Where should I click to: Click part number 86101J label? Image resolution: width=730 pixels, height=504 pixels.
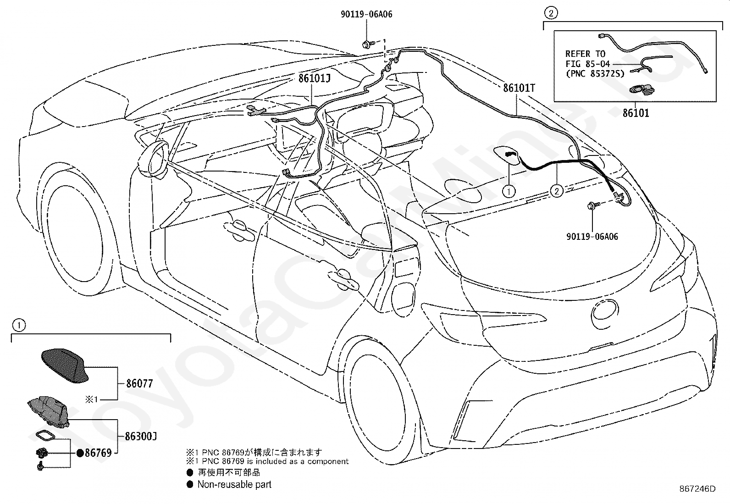315,78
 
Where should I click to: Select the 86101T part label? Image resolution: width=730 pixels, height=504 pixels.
519,88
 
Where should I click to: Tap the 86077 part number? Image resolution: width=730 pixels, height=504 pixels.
139,383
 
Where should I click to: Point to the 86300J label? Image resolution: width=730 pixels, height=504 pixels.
141,436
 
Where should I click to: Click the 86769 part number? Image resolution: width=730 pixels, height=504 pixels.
98,453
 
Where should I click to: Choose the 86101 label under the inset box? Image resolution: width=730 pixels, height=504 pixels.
636,113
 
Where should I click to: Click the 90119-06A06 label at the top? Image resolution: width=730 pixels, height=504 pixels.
367,14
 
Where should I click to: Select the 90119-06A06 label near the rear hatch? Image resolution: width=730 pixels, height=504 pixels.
592,237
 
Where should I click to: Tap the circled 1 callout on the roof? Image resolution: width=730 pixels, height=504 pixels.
509,191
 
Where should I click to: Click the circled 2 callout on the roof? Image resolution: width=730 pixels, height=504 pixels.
557,191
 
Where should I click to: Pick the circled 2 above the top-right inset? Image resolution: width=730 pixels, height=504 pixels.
551,13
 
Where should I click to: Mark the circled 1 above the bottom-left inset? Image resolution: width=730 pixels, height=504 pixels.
19,325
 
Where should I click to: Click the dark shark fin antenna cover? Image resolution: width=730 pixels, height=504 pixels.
65,366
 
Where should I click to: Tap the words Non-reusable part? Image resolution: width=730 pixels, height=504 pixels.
234,484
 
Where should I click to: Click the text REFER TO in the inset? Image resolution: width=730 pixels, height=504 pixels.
585,54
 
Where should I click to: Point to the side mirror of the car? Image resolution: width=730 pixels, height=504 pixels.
154,160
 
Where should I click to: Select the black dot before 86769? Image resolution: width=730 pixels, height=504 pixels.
80,453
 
